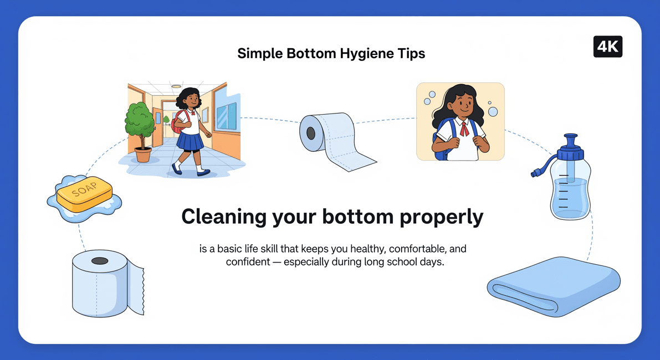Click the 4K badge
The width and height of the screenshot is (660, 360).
607,47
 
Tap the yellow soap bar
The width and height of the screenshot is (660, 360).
84,193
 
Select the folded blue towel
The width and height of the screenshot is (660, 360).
554,285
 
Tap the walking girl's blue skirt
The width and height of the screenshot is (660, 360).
190,142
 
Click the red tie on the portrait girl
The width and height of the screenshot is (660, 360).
464,128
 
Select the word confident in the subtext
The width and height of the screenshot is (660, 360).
248,261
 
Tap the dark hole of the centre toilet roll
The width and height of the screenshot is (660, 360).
311,133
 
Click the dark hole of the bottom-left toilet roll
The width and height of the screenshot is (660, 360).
100,261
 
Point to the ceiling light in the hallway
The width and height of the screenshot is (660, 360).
176,86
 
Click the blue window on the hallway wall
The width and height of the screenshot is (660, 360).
227,116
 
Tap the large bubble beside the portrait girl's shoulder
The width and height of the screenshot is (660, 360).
493,111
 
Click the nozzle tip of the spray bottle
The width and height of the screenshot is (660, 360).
535,172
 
